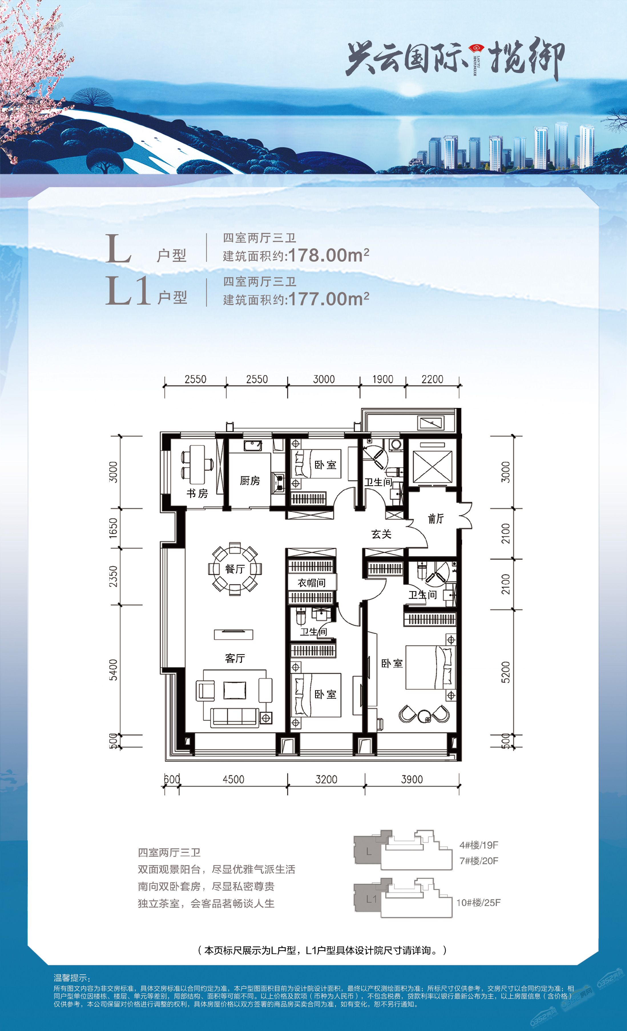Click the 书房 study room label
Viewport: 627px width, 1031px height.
click(x=197, y=493)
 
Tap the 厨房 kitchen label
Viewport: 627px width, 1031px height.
click(x=250, y=481)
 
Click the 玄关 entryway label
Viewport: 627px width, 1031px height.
click(x=381, y=534)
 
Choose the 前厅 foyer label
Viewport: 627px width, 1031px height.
click(x=436, y=519)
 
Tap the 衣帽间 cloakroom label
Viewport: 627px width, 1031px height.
click(x=311, y=583)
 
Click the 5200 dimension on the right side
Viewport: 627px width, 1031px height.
click(x=506, y=672)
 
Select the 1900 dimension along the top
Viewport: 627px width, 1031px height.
click(x=382, y=379)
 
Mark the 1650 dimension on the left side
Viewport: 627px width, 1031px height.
click(x=113, y=528)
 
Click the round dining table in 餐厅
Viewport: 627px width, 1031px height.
click(x=235, y=569)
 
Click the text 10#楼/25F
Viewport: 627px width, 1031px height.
click(x=478, y=903)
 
